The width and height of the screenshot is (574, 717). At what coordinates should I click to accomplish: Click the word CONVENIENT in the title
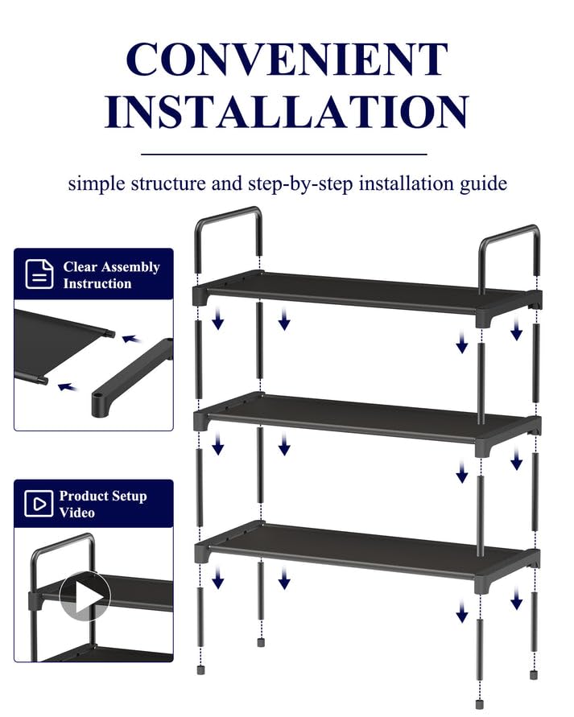[287, 60]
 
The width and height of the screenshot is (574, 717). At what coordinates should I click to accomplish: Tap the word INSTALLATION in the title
[287, 112]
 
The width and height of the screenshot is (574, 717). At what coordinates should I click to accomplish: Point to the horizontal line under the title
[283, 154]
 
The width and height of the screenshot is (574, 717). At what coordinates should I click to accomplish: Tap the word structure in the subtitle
[168, 183]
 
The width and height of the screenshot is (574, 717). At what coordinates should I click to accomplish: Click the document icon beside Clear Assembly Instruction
[39, 274]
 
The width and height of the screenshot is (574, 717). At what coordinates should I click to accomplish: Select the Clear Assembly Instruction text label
[111, 275]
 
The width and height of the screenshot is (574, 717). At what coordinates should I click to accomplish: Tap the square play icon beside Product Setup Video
[38, 505]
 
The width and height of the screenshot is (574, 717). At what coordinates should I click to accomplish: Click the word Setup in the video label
[128, 497]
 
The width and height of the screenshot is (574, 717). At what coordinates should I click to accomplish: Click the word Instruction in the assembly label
[97, 284]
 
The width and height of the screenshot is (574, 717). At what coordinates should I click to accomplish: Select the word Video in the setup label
[77, 513]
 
